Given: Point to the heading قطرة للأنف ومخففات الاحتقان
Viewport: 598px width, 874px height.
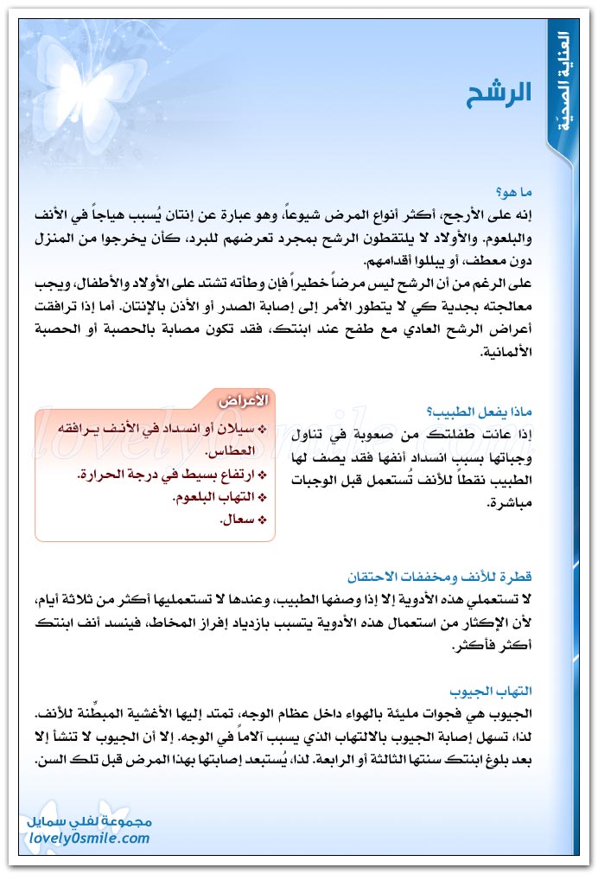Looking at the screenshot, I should pos(439,576).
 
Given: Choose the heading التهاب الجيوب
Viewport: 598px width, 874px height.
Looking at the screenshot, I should pos(489,692).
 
